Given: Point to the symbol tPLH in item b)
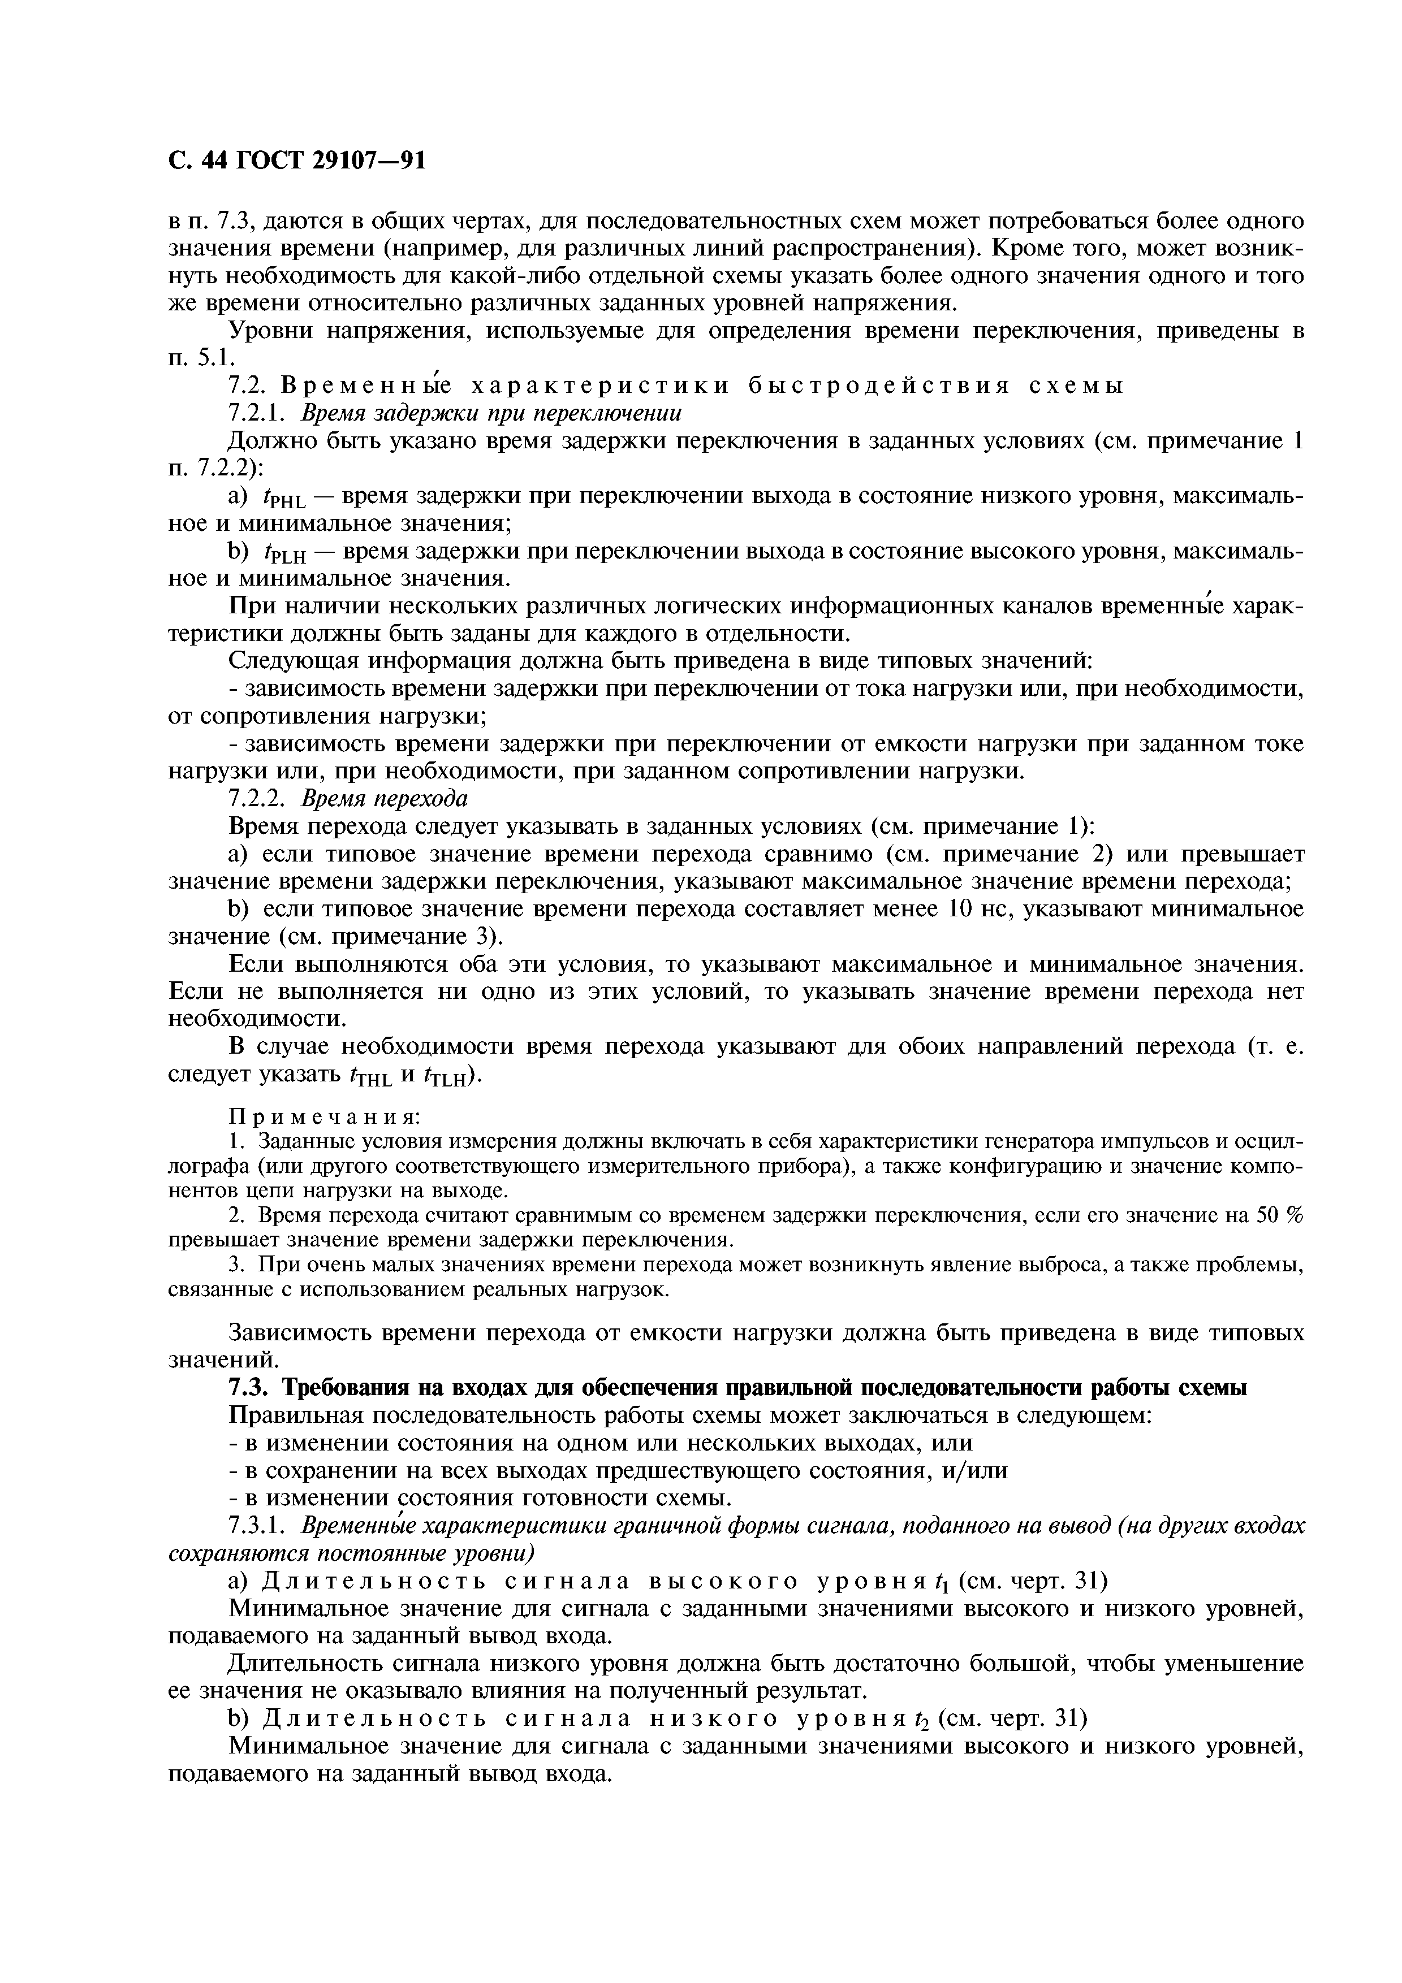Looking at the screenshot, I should click(282, 553).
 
